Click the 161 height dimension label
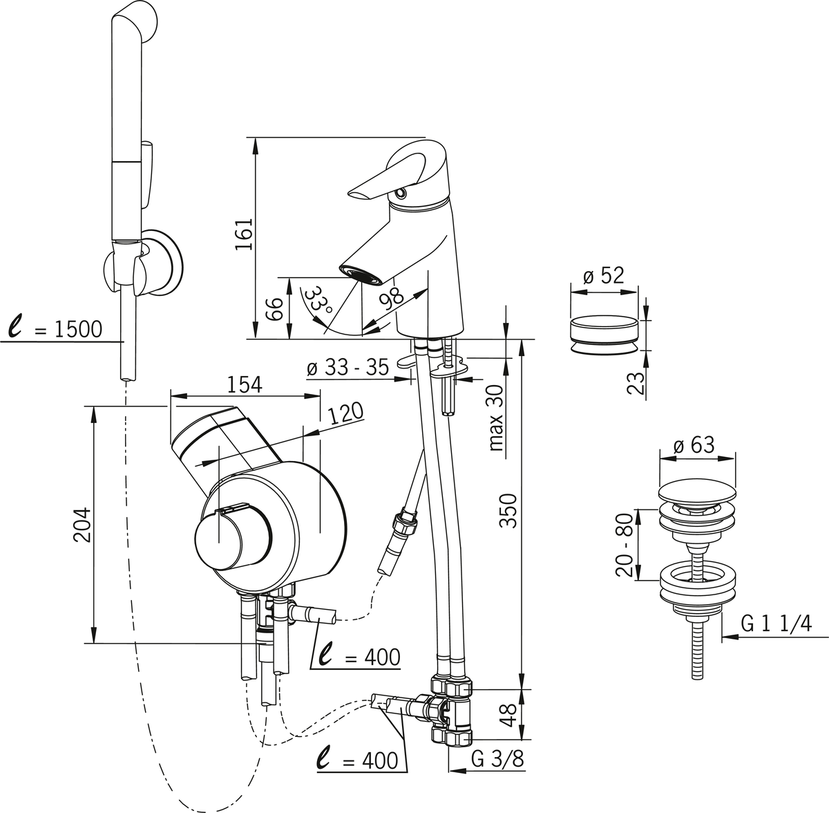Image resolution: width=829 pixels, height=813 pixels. [245, 236]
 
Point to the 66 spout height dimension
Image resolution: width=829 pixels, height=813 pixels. [274, 310]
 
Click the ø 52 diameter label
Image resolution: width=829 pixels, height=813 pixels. [603, 277]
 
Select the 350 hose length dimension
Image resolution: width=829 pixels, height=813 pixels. [508, 512]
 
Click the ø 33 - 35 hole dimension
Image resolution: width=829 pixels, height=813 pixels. [349, 368]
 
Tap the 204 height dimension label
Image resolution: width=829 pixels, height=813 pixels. [82, 527]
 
